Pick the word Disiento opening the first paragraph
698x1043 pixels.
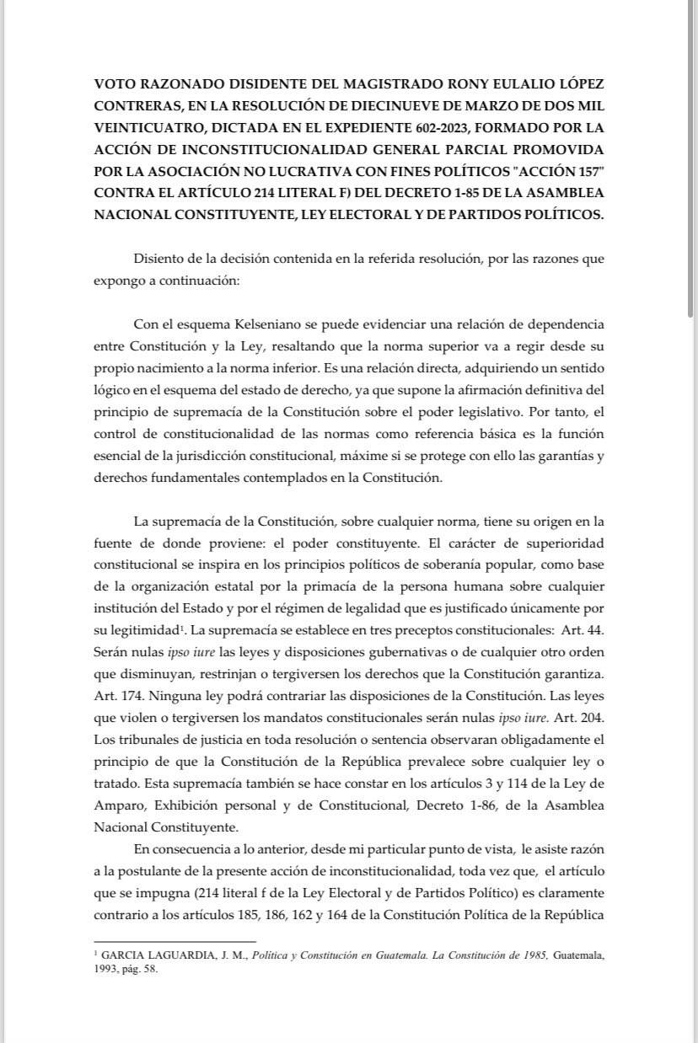pos(159,260)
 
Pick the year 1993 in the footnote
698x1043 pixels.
pos(107,970)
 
